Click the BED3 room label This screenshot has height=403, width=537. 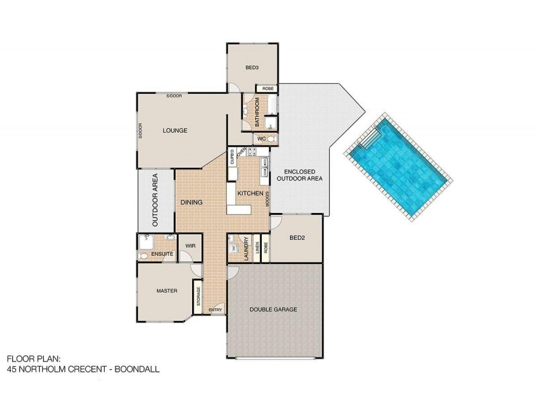[x=252, y=68]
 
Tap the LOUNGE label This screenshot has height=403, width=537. [x=175, y=130]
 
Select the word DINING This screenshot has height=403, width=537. [x=192, y=201]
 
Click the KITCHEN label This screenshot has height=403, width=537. [x=249, y=193]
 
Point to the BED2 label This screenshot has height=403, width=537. [x=298, y=237]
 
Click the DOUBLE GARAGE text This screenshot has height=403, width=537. [x=273, y=310]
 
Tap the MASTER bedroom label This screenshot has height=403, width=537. [x=166, y=291]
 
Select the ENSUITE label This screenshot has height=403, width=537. [x=162, y=254]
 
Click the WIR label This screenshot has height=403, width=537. [x=190, y=246]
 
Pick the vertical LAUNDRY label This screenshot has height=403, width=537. [x=247, y=248]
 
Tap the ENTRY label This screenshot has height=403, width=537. [x=215, y=310]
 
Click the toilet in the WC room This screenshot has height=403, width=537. [x=271, y=138]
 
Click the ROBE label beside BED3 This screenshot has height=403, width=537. [x=266, y=89]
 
